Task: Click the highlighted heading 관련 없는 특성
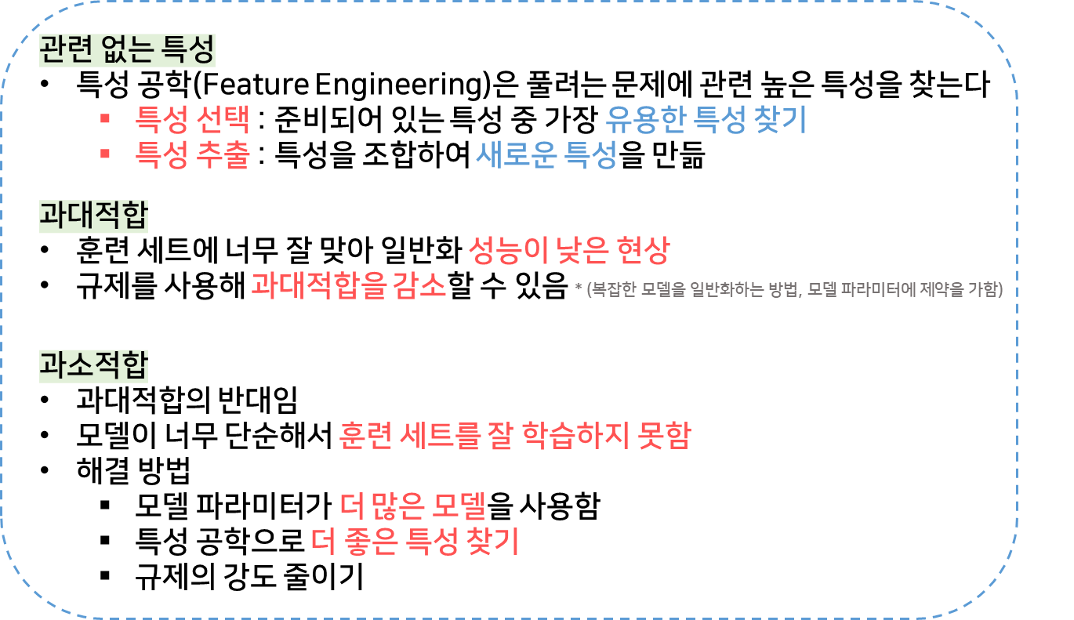127,52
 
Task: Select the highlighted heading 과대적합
93,216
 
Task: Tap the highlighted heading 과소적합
93,365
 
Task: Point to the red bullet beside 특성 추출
104,154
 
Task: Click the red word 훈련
365,435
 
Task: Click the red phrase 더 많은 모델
413,506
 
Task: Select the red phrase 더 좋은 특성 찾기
415,541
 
